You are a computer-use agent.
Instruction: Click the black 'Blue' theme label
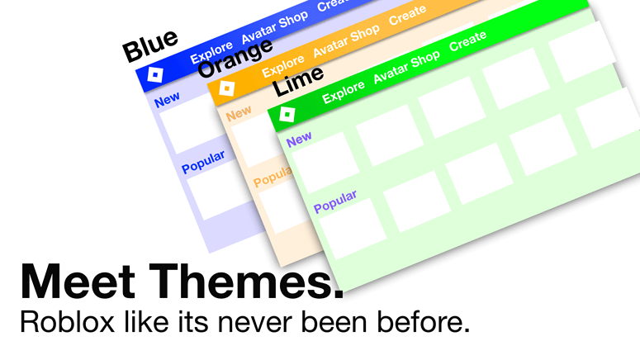tap(150, 46)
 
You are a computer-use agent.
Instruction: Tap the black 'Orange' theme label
tap(235, 59)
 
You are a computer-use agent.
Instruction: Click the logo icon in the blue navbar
tap(154, 75)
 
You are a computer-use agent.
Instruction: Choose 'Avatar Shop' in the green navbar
tap(406, 68)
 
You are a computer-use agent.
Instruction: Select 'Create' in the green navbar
tap(467, 41)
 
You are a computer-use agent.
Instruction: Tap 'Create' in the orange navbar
tap(407, 15)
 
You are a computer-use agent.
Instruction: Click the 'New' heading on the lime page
tap(299, 137)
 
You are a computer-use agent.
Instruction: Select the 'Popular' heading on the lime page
tap(335, 201)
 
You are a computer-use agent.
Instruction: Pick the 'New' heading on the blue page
tap(167, 100)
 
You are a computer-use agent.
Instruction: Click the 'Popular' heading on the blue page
tap(203, 162)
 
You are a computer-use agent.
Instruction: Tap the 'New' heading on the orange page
tap(239, 112)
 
